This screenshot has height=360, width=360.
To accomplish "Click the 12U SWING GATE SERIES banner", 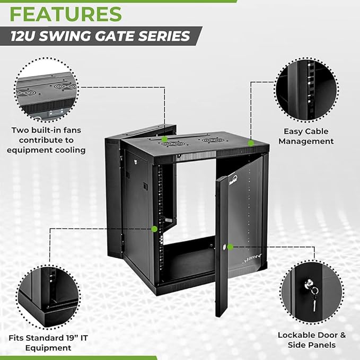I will (x=101, y=36).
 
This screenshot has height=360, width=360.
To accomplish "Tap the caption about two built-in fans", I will (x=46, y=140).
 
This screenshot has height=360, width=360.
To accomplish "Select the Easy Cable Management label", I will (x=306, y=136).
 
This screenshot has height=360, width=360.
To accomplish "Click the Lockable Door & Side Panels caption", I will (x=312, y=340).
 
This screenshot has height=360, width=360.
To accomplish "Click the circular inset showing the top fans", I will (x=46, y=90).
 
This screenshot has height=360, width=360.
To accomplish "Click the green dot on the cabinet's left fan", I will (x=165, y=139).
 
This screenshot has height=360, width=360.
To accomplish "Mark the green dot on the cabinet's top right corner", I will (x=250, y=142).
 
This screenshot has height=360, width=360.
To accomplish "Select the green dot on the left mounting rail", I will (x=154, y=229).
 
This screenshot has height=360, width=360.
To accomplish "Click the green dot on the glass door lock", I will (x=230, y=247).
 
